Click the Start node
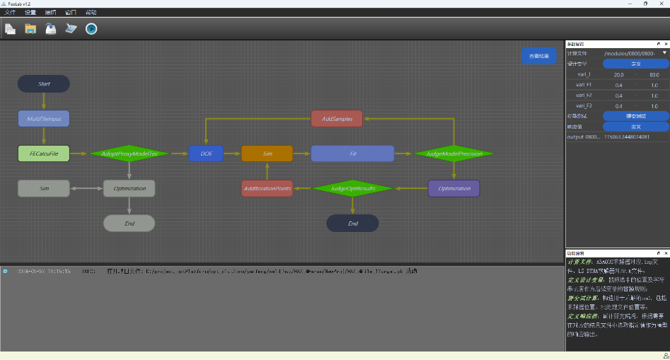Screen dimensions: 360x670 pos(44,83)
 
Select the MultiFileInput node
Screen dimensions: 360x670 pos(44,118)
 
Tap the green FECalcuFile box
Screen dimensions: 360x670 pos(44,153)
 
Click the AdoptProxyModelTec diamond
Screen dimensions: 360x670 pos(129,153)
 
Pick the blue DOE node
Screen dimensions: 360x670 pos(206,153)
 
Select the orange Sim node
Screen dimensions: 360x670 pos(267,153)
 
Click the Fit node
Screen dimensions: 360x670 pos(352,153)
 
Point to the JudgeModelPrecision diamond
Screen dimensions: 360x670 pos(454,153)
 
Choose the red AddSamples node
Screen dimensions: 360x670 pos(337,118)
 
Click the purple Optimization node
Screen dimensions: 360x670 pos(454,189)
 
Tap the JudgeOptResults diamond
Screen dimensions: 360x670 pos(352,189)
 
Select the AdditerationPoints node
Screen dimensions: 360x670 pos(267,189)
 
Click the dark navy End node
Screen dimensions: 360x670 pos(352,223)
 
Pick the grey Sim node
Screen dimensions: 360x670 pos(44,189)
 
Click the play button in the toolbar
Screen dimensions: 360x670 pos(91,29)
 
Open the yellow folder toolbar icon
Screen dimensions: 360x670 pos(30,29)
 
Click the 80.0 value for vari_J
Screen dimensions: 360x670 pos(654,74)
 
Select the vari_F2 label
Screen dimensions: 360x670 pos(584,95)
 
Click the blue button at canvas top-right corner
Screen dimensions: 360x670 pos(539,56)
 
